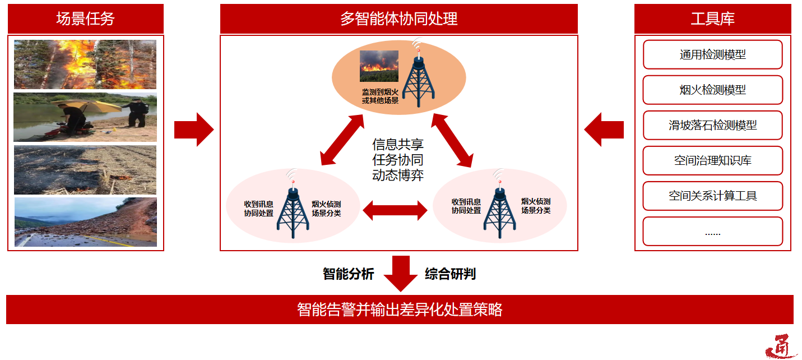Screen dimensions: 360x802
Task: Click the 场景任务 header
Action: (85, 19)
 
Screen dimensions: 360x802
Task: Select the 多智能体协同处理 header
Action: (398, 19)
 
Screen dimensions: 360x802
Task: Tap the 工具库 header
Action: (712, 19)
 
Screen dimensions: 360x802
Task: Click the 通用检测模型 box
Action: (712, 55)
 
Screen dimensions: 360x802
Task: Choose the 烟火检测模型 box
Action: (712, 90)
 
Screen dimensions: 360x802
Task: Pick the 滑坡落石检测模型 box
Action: (712, 126)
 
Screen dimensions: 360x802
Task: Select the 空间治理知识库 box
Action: (712, 161)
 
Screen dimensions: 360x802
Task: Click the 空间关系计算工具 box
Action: (712, 196)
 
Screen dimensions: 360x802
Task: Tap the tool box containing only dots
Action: (712, 232)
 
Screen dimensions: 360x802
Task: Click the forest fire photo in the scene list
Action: (85, 64)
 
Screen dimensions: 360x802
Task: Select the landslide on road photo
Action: (85, 222)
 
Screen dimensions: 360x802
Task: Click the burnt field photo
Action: (85, 170)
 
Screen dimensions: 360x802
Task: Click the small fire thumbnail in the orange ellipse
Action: (379, 66)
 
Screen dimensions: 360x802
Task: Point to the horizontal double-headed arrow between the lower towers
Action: (395, 210)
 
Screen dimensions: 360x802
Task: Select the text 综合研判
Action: (450, 274)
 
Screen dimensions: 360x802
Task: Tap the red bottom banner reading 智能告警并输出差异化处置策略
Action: (400, 310)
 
